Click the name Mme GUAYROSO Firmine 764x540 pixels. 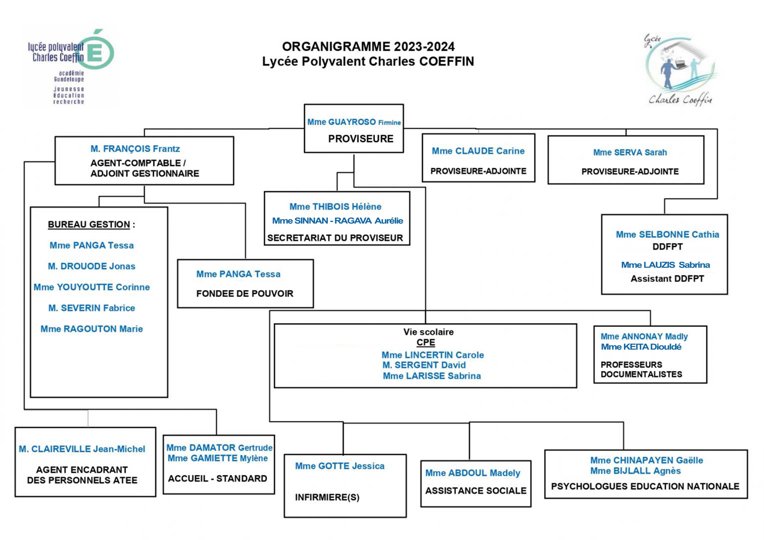pyautogui.click(x=354, y=122)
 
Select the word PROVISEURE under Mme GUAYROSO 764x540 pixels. pyautogui.click(x=361, y=139)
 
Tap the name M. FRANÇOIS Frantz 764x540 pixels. pyautogui.click(x=135, y=149)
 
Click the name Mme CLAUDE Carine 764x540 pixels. pyautogui.click(x=478, y=151)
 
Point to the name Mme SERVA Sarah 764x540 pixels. pyautogui.click(x=630, y=152)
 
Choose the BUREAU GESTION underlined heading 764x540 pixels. pyautogui.click(x=89, y=224)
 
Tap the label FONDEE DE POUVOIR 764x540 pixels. pyautogui.click(x=245, y=294)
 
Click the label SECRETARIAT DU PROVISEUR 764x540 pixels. pyautogui.click(x=335, y=238)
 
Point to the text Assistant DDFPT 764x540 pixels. pyautogui.click(x=667, y=278)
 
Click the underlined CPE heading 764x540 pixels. pyautogui.click(x=426, y=342)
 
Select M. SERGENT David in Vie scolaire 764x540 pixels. pyautogui.click(x=424, y=365)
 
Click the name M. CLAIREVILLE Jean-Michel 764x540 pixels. pyautogui.click(x=82, y=449)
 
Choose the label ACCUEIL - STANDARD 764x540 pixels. pyautogui.click(x=218, y=478)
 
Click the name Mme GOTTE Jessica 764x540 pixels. pyautogui.click(x=340, y=466)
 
